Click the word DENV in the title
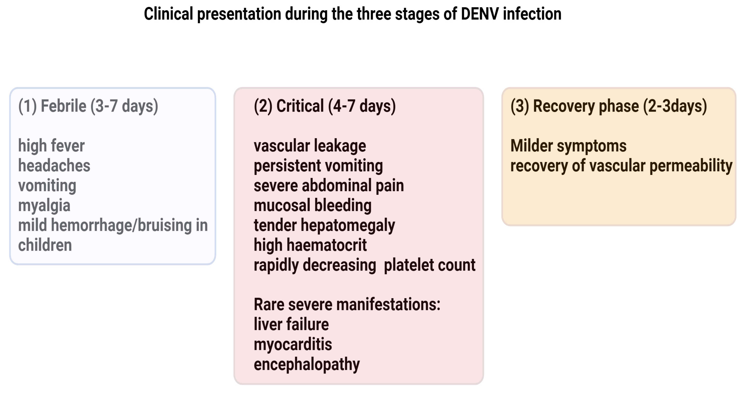click(480, 14)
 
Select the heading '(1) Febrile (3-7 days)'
click(88, 106)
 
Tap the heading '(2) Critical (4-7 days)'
click(325, 106)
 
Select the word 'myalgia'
click(44, 206)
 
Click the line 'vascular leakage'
click(310, 146)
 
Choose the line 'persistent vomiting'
click(318, 166)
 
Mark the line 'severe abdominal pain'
click(329, 186)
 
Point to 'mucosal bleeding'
click(313, 206)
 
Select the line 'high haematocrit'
click(310, 245)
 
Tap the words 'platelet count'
click(429, 265)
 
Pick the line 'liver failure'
click(291, 324)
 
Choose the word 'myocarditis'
click(293, 345)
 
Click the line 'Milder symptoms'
click(568, 146)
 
